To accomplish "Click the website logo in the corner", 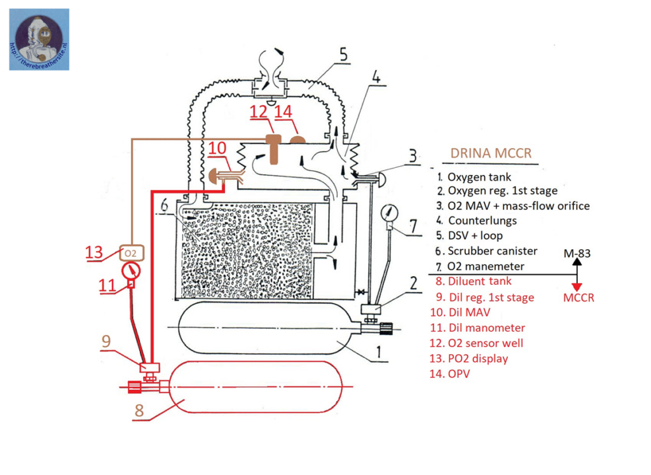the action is (39, 39).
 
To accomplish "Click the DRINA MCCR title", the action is (491, 153).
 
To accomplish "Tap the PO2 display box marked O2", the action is (132, 253).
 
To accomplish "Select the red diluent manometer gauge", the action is (131, 271).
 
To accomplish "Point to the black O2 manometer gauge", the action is (389, 213).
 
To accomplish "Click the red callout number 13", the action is (94, 252).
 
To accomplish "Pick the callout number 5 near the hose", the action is (343, 55).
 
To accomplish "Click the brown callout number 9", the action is (106, 341).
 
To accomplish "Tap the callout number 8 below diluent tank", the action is (139, 411).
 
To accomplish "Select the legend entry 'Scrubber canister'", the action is (493, 251).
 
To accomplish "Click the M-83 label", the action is (577, 253).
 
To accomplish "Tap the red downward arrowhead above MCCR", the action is (577, 287).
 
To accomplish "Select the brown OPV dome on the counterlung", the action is (298, 139).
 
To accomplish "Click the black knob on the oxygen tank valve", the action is (386, 328).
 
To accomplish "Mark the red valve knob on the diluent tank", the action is (134, 387).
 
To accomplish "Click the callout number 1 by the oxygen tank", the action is (378, 352).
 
